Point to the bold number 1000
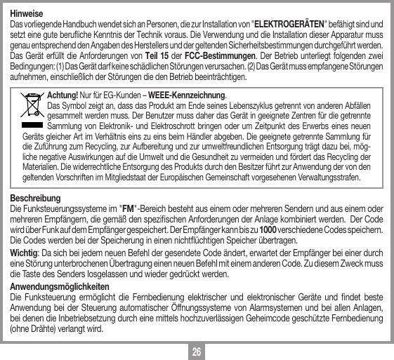268,232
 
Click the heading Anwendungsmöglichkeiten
58,291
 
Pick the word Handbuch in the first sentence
73,25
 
